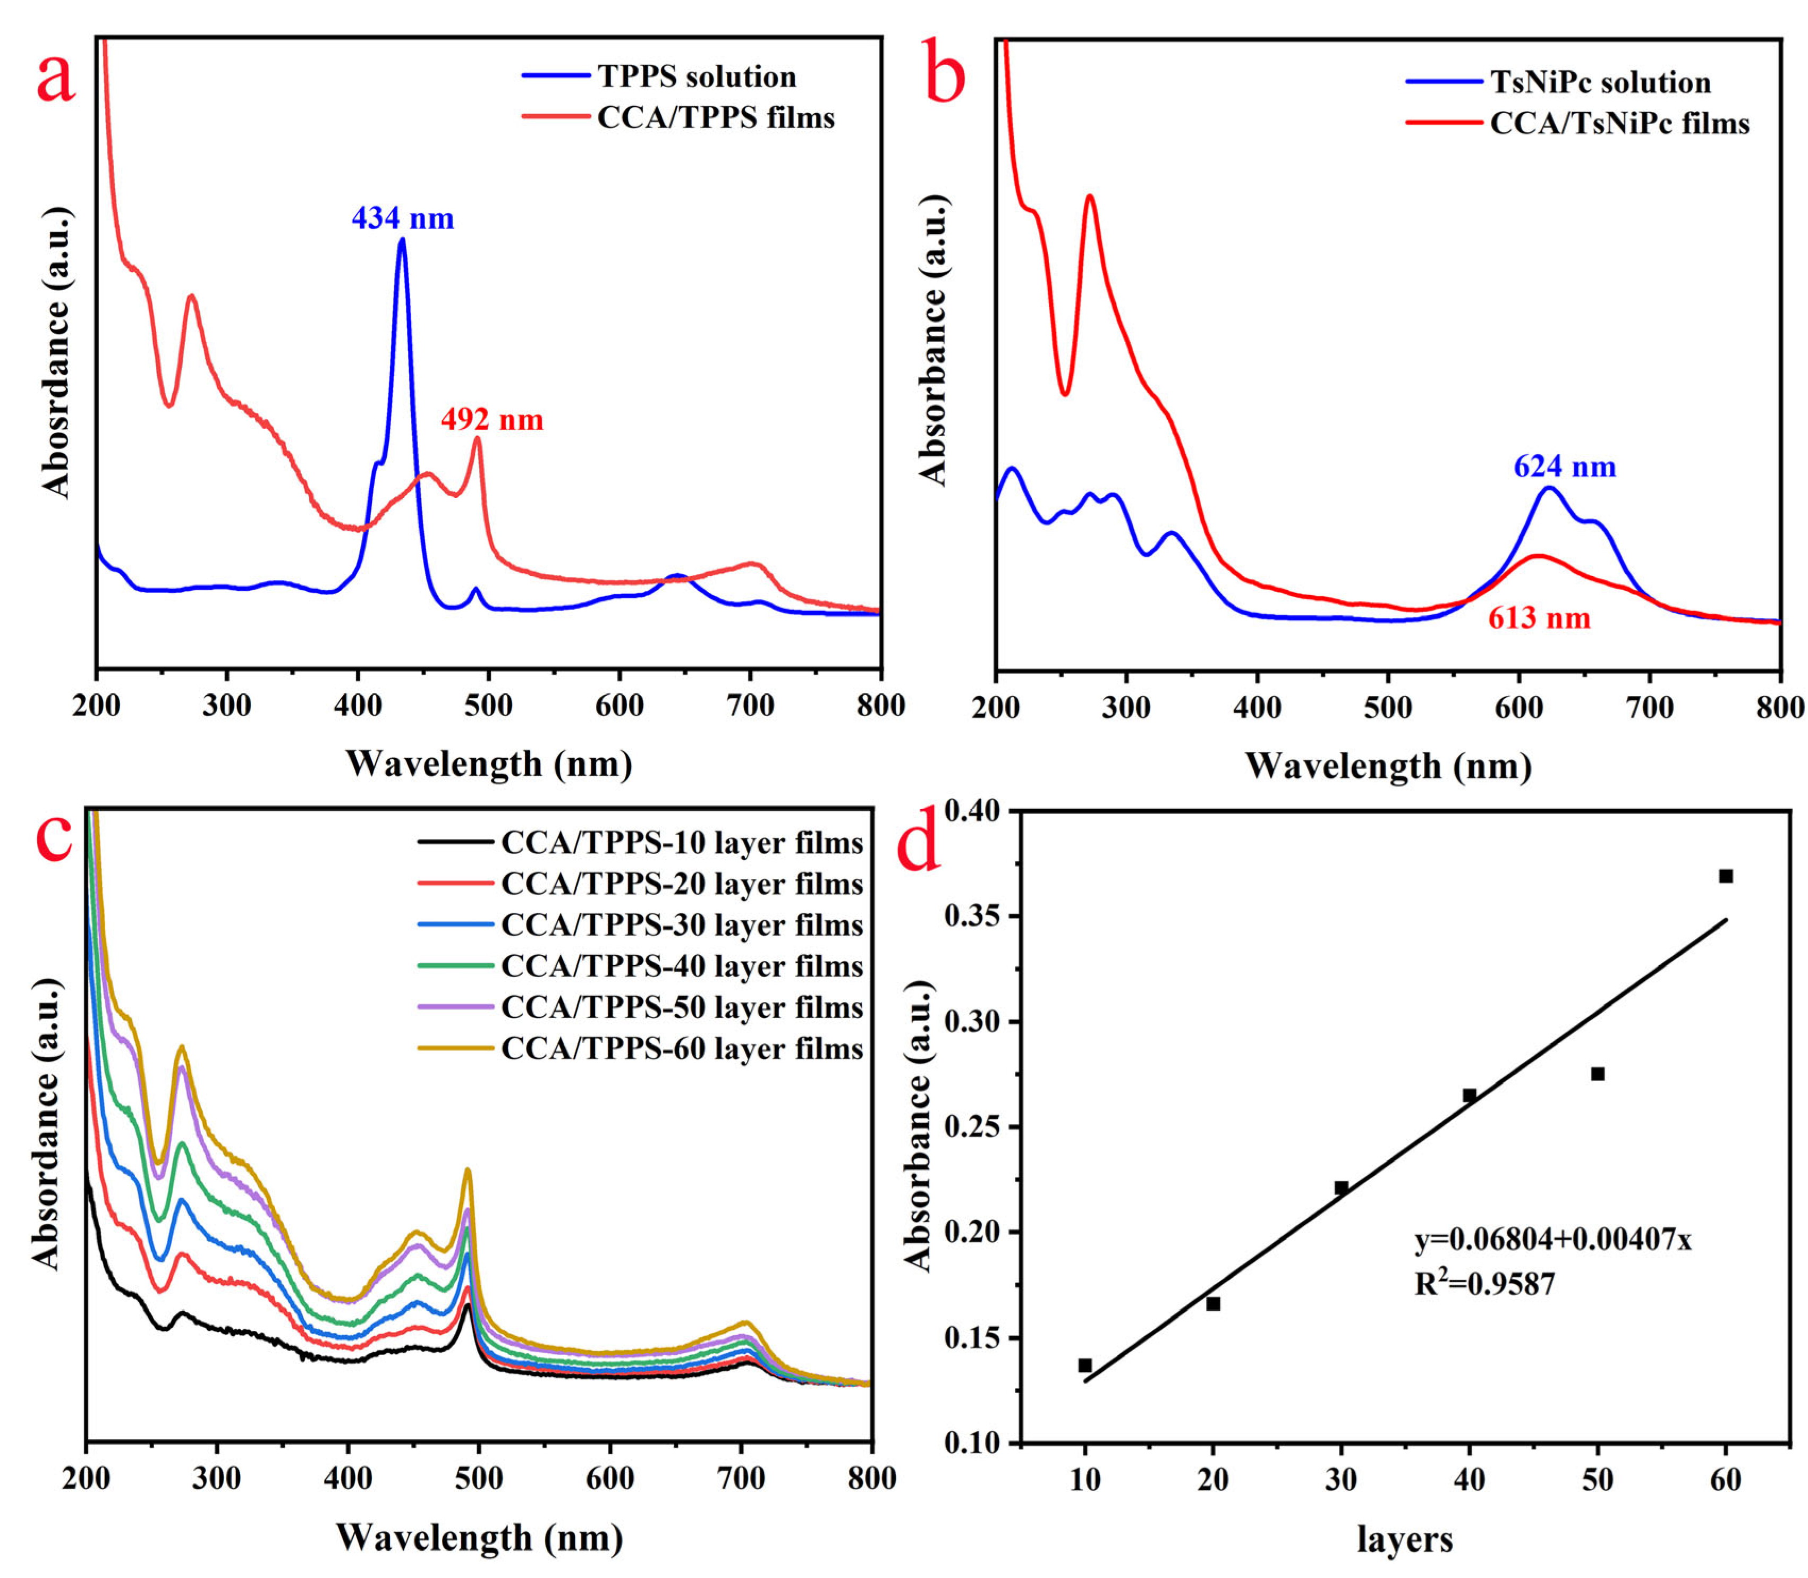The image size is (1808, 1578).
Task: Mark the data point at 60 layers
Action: click(x=1725, y=876)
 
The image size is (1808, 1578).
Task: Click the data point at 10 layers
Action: click(x=1085, y=1366)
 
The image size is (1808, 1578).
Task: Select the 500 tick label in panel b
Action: click(x=1387, y=708)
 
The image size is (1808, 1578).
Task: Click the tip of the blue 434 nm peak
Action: click(x=403, y=240)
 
